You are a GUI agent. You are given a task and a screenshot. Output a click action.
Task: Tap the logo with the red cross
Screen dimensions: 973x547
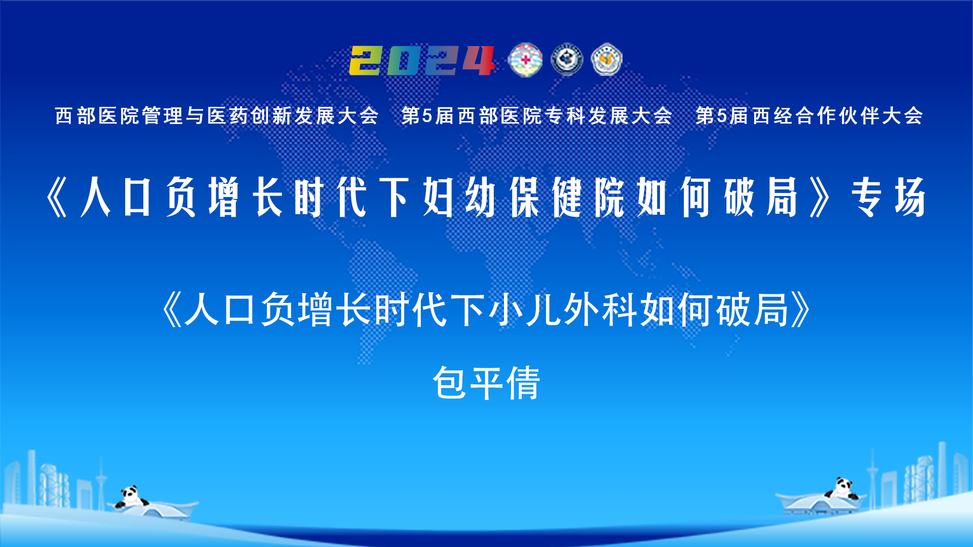pyautogui.click(x=525, y=60)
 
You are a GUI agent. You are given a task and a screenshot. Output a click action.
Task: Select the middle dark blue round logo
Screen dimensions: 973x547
pyautogui.click(x=567, y=60)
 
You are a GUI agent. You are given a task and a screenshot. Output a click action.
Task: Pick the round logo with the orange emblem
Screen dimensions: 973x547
pyautogui.click(x=607, y=60)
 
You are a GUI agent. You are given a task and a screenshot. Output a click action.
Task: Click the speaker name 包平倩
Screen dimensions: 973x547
pyautogui.click(x=486, y=383)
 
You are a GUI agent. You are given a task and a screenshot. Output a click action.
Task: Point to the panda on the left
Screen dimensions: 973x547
pyautogui.click(x=131, y=497)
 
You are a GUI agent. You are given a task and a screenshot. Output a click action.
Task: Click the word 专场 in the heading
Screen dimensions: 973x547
pyautogui.click(x=888, y=198)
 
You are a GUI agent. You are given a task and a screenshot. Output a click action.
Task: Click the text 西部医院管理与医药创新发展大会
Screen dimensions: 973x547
pyautogui.click(x=217, y=116)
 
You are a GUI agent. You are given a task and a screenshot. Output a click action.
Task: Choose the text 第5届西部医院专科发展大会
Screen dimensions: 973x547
pyautogui.click(x=536, y=116)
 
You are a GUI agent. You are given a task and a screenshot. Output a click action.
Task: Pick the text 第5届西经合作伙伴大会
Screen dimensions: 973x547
pyautogui.click(x=809, y=116)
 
